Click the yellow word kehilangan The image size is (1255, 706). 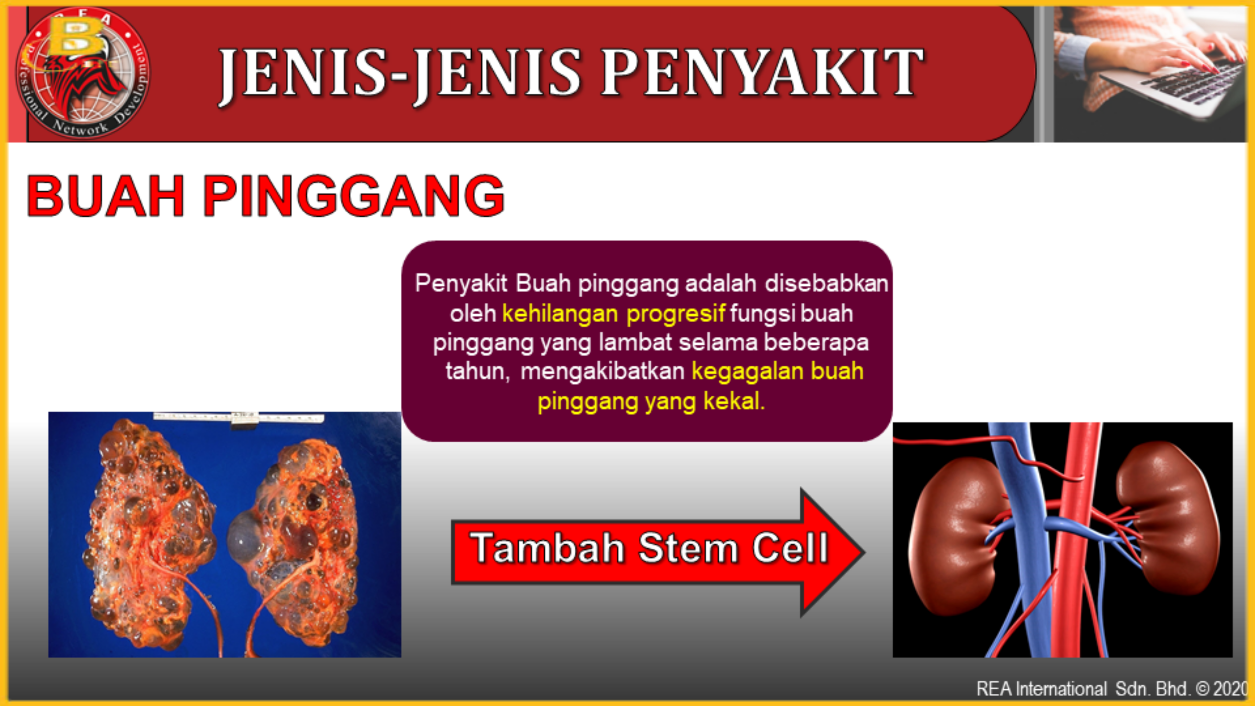[x=560, y=314]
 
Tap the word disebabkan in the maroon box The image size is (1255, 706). [x=827, y=283]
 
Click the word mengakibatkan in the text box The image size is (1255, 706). [x=602, y=372]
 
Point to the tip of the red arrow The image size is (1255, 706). [x=864, y=552]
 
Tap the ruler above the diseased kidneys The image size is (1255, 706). [x=238, y=418]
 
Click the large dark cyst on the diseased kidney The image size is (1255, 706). [x=245, y=536]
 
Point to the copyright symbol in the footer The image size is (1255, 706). [x=1203, y=688]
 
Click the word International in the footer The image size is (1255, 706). [x=1061, y=688]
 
